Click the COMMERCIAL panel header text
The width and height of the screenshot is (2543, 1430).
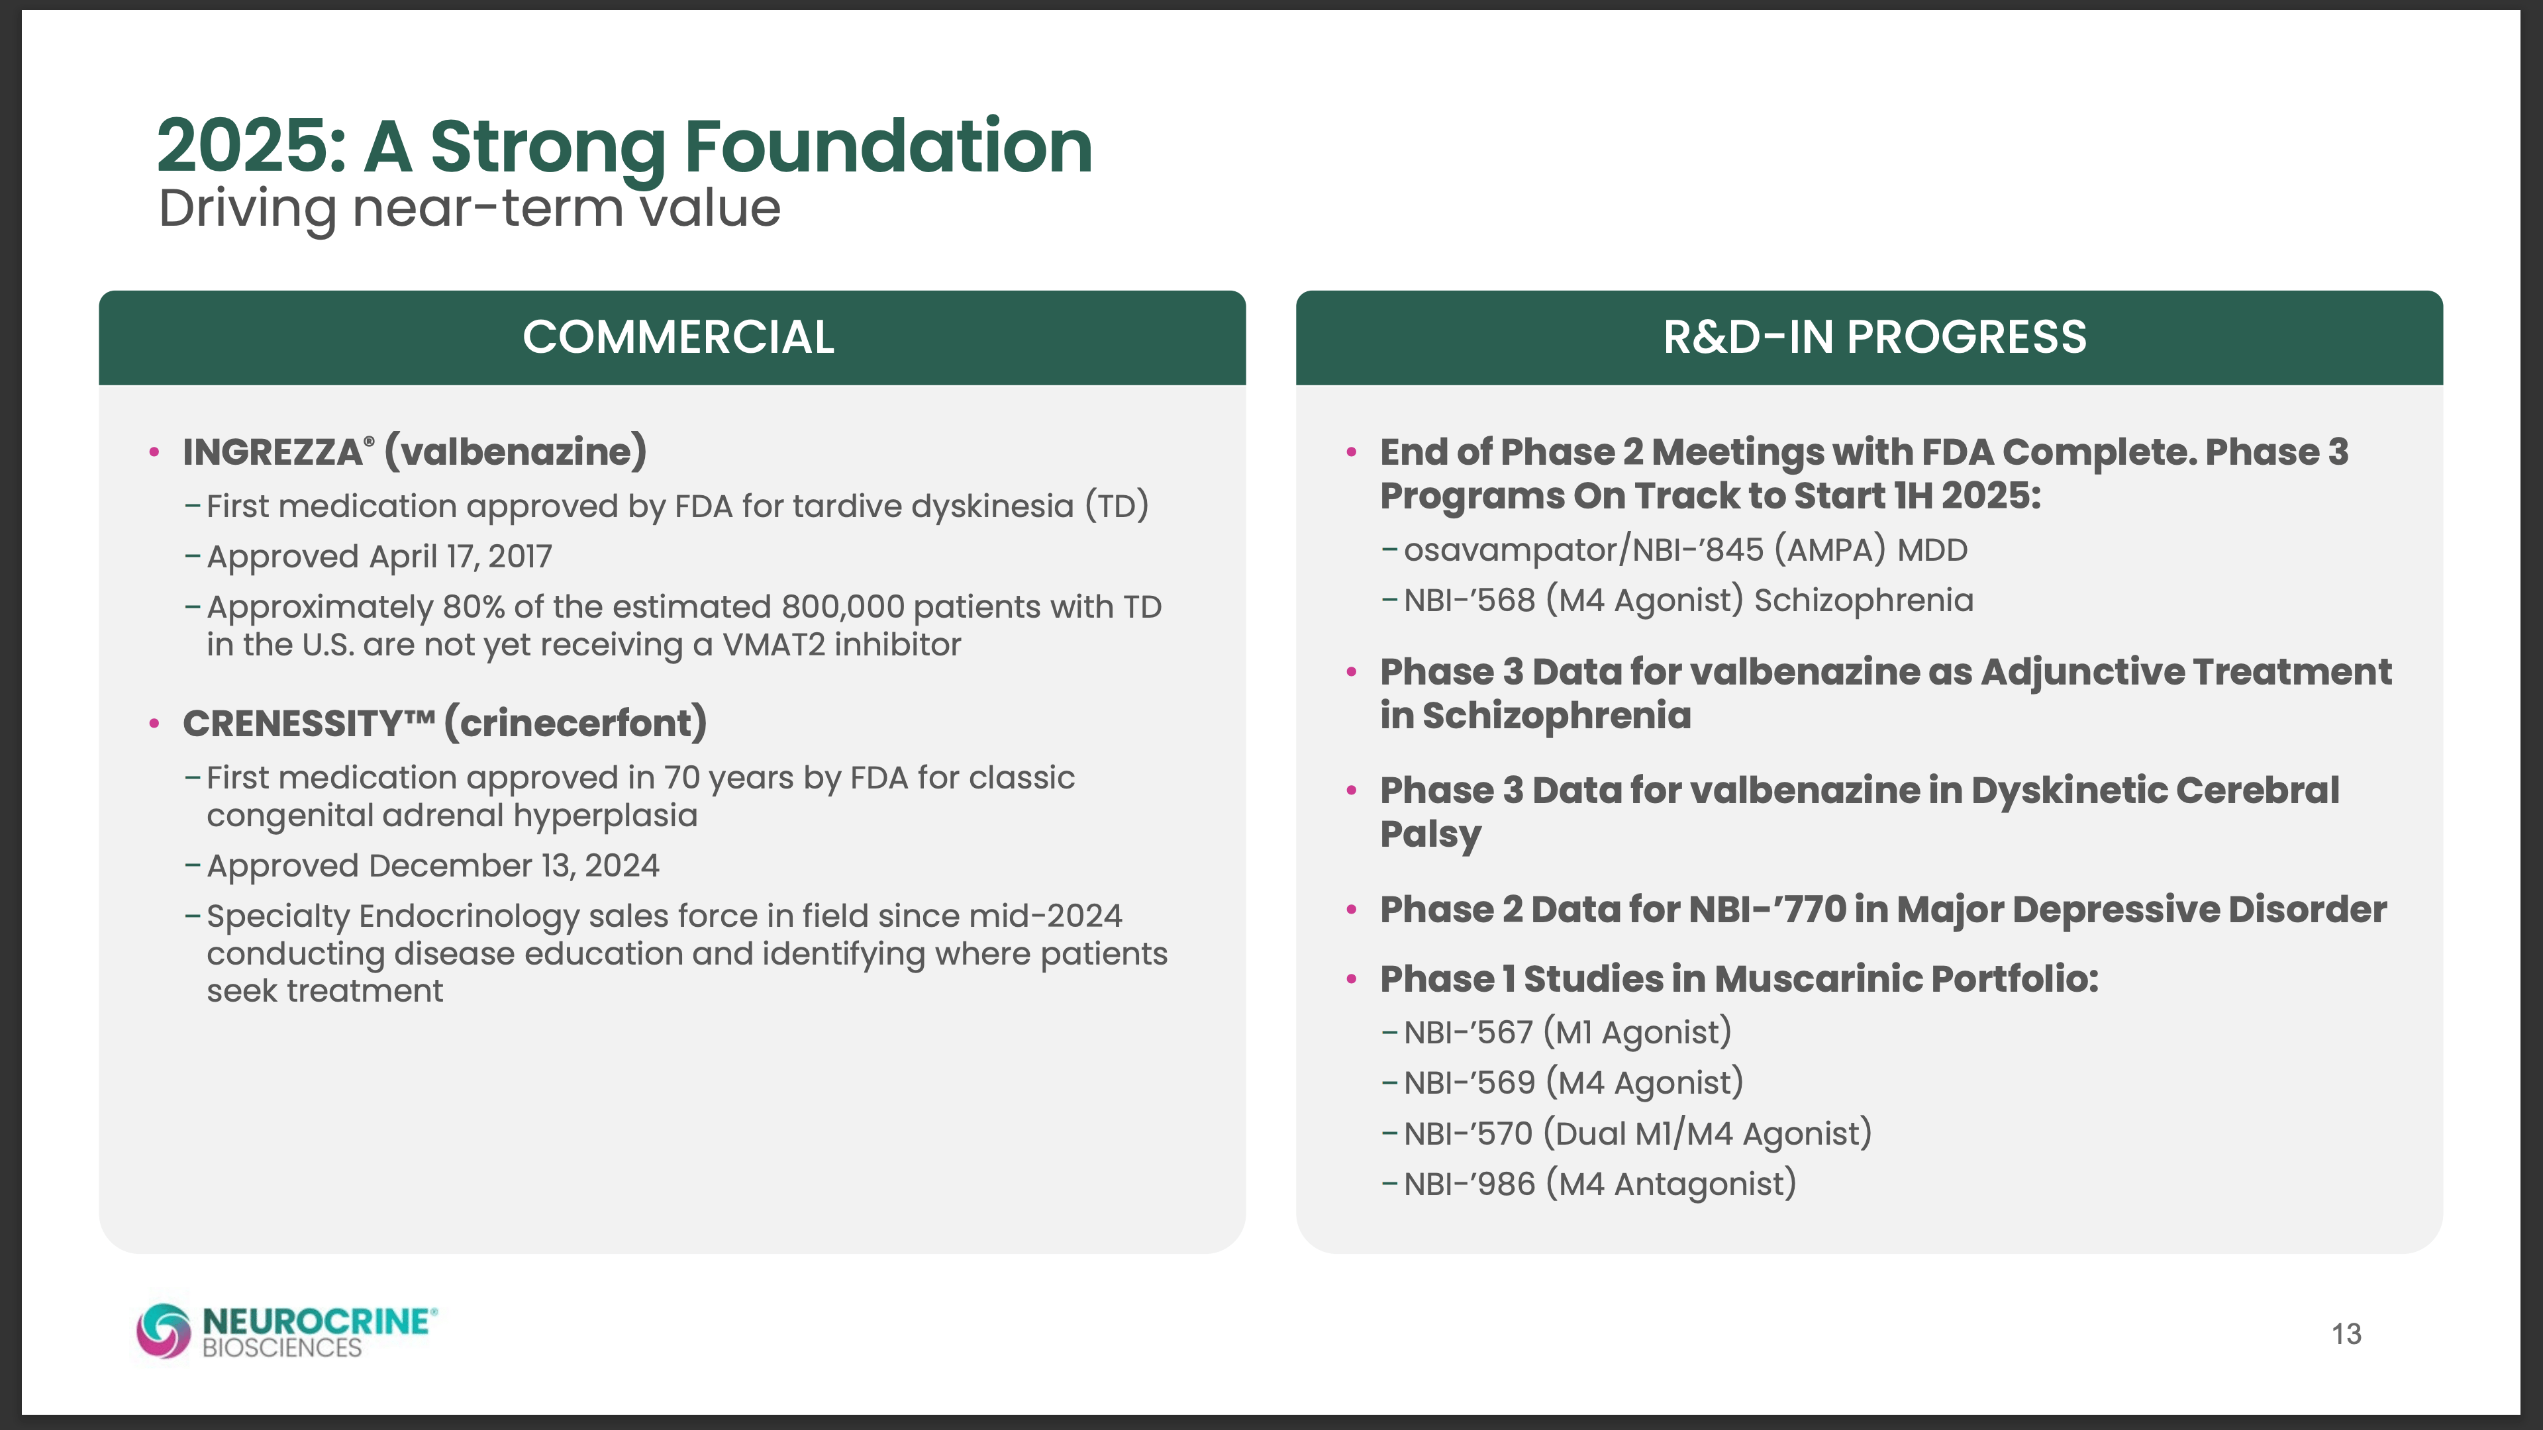tap(678, 338)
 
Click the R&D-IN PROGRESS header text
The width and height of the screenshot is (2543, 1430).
tap(1875, 338)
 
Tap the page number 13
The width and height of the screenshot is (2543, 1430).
tap(2346, 1334)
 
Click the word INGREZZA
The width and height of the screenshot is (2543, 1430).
tap(272, 452)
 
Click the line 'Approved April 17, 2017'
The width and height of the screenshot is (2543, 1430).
tap(379, 557)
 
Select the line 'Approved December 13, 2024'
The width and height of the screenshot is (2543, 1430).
tap(432, 865)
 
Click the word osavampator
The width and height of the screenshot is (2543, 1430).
tap(1511, 549)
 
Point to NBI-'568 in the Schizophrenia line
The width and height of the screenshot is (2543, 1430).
tap(1469, 600)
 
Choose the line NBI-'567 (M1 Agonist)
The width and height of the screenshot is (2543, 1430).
tap(1568, 1032)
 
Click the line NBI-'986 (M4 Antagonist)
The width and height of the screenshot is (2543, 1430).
tap(1599, 1183)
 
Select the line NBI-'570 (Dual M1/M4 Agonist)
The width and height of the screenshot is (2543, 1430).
tap(1638, 1133)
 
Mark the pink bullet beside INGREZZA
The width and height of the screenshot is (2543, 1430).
tap(154, 453)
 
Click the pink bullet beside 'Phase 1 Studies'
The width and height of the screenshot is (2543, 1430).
tap(1352, 980)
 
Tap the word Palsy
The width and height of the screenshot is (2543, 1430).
tap(1430, 834)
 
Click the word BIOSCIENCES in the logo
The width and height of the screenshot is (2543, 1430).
tap(282, 1348)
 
